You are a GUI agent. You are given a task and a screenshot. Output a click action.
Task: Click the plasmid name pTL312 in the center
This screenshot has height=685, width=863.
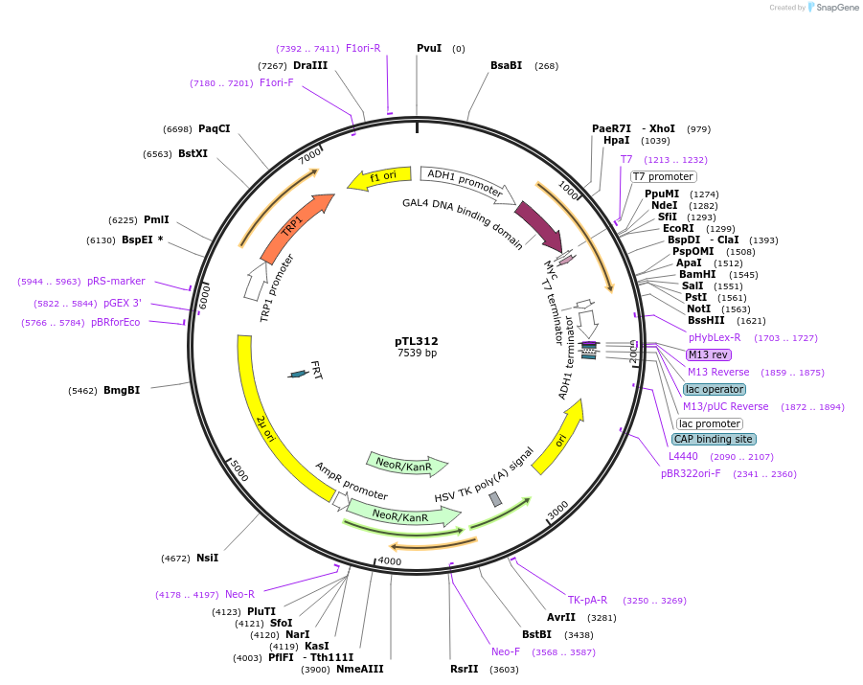(417, 341)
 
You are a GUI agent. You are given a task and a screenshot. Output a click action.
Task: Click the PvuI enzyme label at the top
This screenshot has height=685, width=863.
(429, 48)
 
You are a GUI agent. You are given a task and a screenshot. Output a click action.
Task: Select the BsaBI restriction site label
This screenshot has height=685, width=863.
(506, 65)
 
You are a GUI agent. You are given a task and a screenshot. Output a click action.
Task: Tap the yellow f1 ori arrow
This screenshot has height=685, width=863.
(378, 177)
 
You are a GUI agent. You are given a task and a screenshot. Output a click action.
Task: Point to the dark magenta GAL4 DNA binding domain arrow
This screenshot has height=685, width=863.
(537, 227)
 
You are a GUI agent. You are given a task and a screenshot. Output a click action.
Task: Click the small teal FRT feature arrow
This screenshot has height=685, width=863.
(299, 374)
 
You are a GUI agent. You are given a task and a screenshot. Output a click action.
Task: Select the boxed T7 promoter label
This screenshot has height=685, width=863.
(663, 176)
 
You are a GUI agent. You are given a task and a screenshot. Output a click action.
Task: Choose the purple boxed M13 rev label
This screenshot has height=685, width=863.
(708, 354)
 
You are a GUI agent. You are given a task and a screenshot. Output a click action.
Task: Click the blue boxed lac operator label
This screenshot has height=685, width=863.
(715, 389)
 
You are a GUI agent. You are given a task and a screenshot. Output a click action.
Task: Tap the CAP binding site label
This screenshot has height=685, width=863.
(713, 439)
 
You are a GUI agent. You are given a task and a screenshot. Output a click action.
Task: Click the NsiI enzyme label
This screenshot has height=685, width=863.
(207, 558)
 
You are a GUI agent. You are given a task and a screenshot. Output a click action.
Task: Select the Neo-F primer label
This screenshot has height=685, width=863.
(506, 651)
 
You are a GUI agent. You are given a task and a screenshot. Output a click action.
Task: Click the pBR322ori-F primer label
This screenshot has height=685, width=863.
(691, 473)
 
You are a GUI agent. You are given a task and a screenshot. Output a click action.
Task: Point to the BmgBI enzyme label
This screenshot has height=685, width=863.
(122, 390)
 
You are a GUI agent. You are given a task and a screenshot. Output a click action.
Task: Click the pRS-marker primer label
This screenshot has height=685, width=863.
(116, 282)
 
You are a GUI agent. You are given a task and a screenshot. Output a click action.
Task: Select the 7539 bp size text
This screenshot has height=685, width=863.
(417, 354)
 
